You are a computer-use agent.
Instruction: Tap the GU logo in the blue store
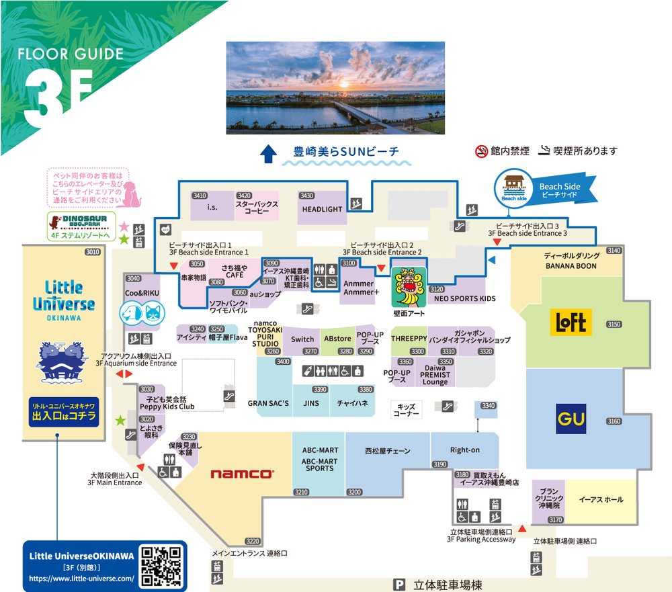(x=571, y=419)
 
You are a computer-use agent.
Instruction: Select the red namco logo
(x=242, y=474)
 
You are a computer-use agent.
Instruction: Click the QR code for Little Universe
(x=162, y=566)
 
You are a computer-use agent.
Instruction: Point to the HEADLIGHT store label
(x=322, y=210)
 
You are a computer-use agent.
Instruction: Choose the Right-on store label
(x=464, y=450)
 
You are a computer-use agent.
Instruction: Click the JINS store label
(x=311, y=403)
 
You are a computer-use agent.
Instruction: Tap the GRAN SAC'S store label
(x=268, y=403)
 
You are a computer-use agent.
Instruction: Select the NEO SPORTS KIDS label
(x=464, y=298)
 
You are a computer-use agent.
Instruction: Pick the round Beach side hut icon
(x=513, y=186)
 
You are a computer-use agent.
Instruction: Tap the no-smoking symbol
(x=481, y=151)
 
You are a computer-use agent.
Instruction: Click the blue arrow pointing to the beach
(x=268, y=155)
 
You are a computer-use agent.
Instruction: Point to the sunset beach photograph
(x=335, y=87)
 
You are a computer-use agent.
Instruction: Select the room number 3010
(x=92, y=252)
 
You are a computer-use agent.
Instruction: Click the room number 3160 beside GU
(x=614, y=421)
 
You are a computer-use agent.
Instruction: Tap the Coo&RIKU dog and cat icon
(x=142, y=313)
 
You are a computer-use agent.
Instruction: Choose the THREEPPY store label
(x=409, y=339)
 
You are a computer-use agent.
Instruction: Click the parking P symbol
(x=401, y=585)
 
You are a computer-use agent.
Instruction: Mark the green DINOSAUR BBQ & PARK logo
(x=79, y=224)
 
